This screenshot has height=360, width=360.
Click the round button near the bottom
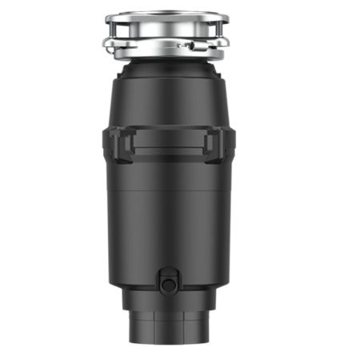tap(167, 283)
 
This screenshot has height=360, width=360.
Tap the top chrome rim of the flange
tap(168, 16)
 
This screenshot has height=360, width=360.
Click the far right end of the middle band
tap(232, 146)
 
